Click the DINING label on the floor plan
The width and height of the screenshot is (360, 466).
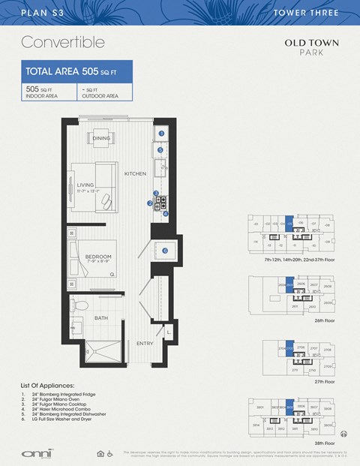101,139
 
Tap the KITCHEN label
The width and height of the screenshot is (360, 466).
135,173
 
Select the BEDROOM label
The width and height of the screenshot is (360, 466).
97,257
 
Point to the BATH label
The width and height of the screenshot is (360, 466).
101,318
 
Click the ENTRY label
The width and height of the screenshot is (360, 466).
144,344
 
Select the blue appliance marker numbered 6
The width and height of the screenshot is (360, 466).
164,250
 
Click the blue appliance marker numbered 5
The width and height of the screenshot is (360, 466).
160,150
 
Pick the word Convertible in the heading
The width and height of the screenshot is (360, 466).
63,41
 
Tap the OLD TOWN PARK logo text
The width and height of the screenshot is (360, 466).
304,47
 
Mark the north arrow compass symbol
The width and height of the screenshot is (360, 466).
344,433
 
